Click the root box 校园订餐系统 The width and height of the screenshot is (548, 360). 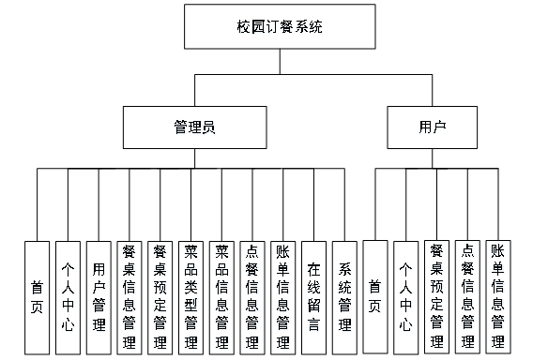pyautogui.click(x=280, y=26)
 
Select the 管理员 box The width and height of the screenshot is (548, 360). pyautogui.click(x=194, y=127)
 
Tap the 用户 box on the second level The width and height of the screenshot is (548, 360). pyautogui.click(x=432, y=127)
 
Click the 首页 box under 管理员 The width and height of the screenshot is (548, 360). pyautogui.click(x=37, y=297)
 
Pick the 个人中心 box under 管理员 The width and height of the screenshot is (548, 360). pyautogui.click(x=68, y=297)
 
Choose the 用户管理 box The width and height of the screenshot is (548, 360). pyautogui.click(x=99, y=297)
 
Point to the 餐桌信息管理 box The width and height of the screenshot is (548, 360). pyautogui.click(x=129, y=297)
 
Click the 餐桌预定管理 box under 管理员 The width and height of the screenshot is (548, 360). pyautogui.click(x=160, y=297)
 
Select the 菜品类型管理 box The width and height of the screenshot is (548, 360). pyautogui.click(x=190, y=297)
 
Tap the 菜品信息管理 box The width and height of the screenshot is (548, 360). pyautogui.click(x=221, y=297)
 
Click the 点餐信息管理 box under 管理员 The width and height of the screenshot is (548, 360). pyautogui.click(x=252, y=297)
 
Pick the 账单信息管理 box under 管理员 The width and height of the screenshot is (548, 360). pyautogui.click(x=283, y=297)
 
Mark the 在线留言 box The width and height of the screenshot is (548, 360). pyautogui.click(x=313, y=297)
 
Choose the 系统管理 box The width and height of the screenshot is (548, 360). pyautogui.click(x=344, y=297)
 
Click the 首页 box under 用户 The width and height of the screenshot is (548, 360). pyautogui.click(x=375, y=297)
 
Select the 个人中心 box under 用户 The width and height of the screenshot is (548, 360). pyautogui.click(x=406, y=297)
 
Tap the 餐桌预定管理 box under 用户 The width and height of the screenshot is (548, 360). pyautogui.click(x=437, y=297)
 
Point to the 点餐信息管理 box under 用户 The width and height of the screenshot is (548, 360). pyautogui.click(x=467, y=297)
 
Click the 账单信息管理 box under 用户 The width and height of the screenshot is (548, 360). pyautogui.click(x=498, y=297)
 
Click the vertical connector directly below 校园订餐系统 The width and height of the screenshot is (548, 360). pyautogui.click(x=280, y=62)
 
